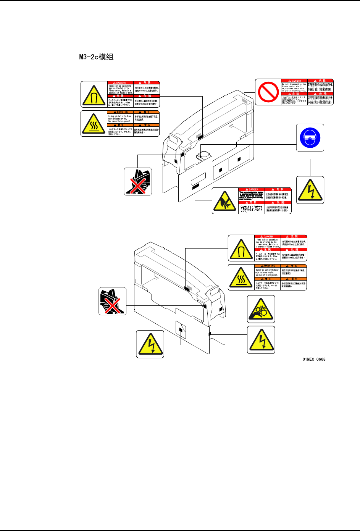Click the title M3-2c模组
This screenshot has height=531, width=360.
[96, 57]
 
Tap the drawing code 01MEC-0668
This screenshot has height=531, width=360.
[314, 359]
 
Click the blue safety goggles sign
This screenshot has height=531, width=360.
[310, 137]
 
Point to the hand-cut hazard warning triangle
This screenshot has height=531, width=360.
[225, 201]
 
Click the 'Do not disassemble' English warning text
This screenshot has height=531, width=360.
[294, 87]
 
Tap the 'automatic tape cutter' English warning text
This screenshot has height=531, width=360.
[252, 195]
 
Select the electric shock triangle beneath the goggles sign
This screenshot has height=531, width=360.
[310, 190]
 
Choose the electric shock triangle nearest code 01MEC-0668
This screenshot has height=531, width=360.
[261, 340]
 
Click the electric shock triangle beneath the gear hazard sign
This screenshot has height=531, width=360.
[261, 340]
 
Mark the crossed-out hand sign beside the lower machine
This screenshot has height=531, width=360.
[112, 301]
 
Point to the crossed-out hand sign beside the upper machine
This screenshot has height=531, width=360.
[138, 181]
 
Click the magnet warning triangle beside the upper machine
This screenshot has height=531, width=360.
[94, 94]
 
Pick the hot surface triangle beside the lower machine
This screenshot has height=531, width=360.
[241, 278]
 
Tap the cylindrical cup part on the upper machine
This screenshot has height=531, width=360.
[203, 155]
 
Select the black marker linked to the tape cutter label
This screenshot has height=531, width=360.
[195, 186]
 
